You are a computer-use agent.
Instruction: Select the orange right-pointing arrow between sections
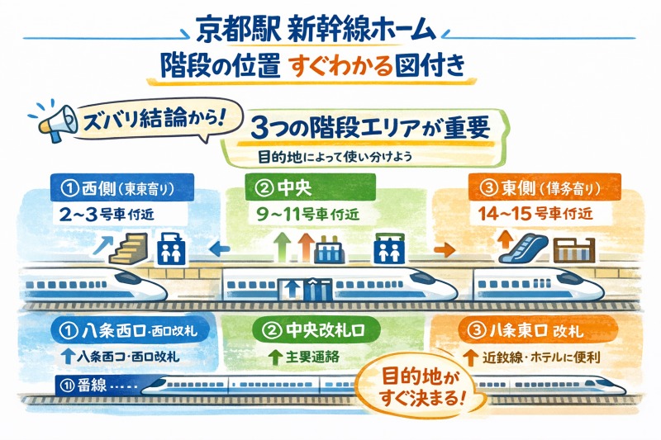tap(444, 247)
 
